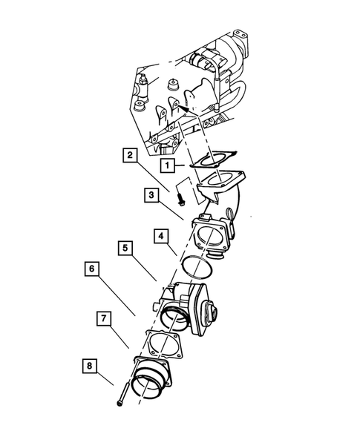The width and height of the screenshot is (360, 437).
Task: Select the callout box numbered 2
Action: tap(130, 156)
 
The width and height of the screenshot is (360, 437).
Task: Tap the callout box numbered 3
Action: tap(151, 196)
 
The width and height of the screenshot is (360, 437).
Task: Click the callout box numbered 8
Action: tap(91, 366)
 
